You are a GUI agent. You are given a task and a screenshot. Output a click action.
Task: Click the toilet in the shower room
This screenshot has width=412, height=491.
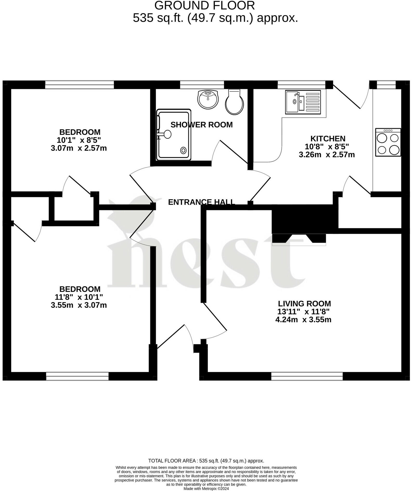[x=234, y=102]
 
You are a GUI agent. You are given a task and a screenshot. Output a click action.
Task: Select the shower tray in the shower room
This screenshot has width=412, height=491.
[x=174, y=135]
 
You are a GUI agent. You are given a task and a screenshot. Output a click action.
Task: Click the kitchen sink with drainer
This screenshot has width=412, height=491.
[x=303, y=102]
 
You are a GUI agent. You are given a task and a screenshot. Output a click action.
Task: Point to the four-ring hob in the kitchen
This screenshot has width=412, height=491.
[x=388, y=142]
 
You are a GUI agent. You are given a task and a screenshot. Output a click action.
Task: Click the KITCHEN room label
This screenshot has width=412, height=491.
[x=328, y=138]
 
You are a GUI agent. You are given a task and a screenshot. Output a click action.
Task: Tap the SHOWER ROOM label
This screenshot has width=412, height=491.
[x=202, y=125]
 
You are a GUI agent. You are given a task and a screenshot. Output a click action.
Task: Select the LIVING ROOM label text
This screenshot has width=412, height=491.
[x=304, y=303]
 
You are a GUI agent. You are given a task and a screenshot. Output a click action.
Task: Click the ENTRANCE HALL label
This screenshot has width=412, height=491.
[x=202, y=202]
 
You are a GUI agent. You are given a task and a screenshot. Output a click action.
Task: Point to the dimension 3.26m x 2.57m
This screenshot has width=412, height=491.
[x=327, y=155]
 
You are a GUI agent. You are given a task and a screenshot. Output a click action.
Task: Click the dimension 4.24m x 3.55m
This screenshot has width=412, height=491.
[x=303, y=320]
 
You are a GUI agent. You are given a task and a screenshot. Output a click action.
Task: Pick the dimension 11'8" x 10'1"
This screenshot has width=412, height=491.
[x=79, y=297]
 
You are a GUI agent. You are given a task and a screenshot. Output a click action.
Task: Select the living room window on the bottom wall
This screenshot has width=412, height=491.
[x=307, y=376]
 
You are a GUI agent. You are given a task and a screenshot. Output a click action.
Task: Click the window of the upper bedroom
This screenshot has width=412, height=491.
[x=79, y=85]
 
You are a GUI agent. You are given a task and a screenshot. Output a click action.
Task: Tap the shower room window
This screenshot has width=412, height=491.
[x=202, y=85]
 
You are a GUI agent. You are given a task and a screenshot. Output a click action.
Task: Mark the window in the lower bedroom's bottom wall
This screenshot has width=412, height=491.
[x=77, y=376]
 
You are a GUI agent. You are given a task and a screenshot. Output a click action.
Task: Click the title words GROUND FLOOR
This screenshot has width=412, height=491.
[x=205, y=5]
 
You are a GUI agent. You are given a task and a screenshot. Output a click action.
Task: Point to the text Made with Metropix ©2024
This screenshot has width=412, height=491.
[x=206, y=488]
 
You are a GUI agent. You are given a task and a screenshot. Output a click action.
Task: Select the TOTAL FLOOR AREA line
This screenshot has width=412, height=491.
[x=206, y=461]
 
